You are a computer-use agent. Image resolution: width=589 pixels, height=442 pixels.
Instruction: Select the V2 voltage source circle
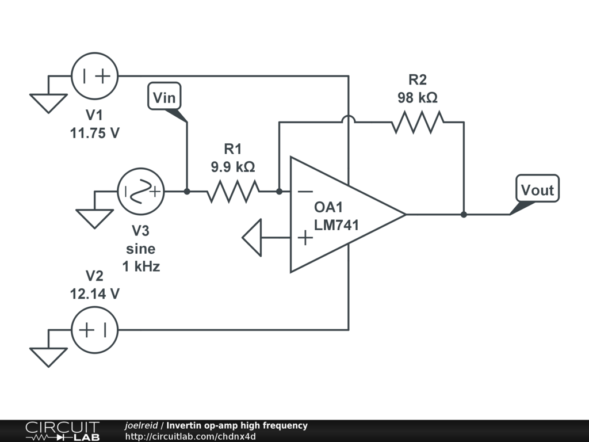coord(94,330)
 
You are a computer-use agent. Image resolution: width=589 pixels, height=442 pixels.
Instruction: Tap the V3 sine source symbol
coord(141,192)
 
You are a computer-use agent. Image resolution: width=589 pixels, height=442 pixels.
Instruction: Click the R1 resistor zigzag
coord(232,192)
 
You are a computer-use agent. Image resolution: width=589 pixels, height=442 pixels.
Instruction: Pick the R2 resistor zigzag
coord(418,122)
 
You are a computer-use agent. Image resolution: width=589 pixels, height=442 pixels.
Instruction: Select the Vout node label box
coord(537,189)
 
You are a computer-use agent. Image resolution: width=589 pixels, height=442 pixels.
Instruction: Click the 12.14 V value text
coord(95,294)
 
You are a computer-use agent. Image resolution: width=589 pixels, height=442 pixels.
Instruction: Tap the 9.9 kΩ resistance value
coord(232,167)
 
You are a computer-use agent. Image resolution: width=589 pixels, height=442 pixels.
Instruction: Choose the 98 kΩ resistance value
coord(418,98)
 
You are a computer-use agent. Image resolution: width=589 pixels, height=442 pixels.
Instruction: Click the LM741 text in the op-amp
coord(336,225)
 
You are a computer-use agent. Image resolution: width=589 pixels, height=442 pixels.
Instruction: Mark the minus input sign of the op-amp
coord(305,192)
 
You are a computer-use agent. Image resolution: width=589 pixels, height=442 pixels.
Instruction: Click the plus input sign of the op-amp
coord(305,237)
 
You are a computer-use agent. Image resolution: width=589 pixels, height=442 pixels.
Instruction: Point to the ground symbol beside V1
coord(48,102)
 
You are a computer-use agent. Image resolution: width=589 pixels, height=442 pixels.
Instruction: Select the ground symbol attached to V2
coord(48,357)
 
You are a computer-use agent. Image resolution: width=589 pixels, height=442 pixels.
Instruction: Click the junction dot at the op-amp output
coord(464,215)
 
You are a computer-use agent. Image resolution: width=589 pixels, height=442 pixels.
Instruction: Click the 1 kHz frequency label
coord(141,266)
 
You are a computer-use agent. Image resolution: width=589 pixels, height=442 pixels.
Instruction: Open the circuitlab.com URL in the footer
coord(190,436)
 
